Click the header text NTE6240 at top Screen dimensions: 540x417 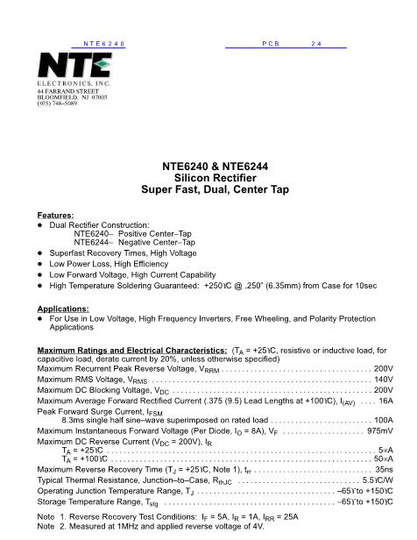[x=104, y=43]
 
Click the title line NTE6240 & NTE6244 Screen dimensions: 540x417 [x=208, y=166]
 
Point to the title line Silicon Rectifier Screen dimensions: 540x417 [x=208, y=177]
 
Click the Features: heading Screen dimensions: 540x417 [x=55, y=215]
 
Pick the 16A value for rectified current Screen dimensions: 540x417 [x=386, y=401]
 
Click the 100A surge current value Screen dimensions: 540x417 [x=383, y=421]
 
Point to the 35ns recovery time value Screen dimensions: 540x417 [x=384, y=471]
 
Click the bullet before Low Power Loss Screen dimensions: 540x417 [x=40, y=262]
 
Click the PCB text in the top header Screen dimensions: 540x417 [x=269, y=43]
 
